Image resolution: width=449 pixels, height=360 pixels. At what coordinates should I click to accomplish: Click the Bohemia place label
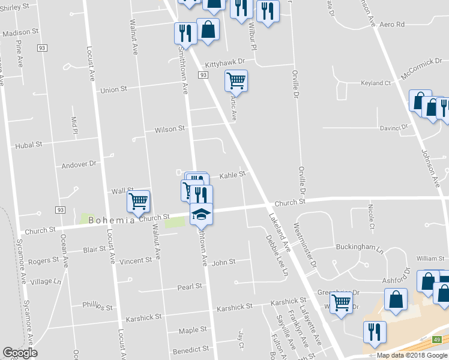point(112,220)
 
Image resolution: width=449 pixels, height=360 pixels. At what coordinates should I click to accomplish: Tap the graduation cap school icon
point(201,214)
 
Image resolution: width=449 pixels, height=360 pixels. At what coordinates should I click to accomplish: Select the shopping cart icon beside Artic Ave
point(237,80)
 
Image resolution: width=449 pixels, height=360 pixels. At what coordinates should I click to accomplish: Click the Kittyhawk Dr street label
point(225,62)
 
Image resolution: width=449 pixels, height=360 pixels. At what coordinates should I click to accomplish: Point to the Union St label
point(114,89)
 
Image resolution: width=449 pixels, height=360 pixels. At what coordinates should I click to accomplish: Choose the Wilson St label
point(170,129)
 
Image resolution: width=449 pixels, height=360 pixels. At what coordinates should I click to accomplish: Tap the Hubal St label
point(29,145)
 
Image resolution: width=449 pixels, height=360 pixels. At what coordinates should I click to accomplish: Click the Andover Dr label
point(79,164)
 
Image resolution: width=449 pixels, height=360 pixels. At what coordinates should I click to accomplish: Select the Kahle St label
point(232,175)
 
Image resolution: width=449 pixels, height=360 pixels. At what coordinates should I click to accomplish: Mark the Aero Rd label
point(393,25)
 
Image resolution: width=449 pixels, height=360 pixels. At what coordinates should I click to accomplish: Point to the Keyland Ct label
point(376,83)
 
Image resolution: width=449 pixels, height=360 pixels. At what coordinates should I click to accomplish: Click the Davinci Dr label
point(394,128)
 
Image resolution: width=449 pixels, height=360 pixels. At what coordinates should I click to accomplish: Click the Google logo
point(20,353)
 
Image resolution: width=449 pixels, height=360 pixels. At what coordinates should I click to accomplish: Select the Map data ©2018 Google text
point(412,355)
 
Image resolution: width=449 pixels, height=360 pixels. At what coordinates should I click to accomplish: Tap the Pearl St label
point(189,287)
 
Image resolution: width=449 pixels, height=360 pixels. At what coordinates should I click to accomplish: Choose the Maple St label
point(193,331)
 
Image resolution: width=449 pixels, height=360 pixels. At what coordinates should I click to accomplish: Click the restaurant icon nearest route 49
point(375,332)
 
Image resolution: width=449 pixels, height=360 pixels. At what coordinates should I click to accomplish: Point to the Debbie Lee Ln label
point(277,254)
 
